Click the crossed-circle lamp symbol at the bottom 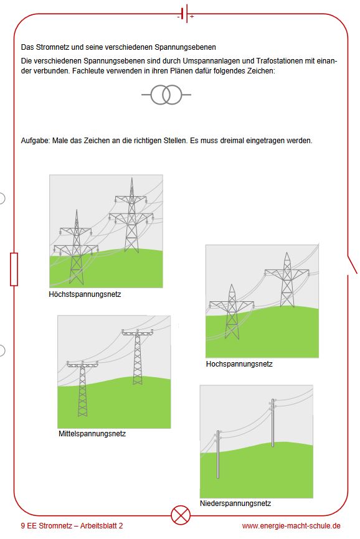(181, 515)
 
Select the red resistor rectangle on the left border (14, 269)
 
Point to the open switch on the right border (352, 265)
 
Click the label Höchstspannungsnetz (85, 294)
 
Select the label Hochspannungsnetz (239, 364)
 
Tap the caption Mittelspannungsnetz (92, 434)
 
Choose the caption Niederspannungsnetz (235, 504)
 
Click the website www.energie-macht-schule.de (291, 526)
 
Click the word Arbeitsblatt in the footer (98, 526)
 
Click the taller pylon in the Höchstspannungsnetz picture (131, 215)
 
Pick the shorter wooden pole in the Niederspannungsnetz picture (217, 454)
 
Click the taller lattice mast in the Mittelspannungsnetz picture (137, 357)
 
